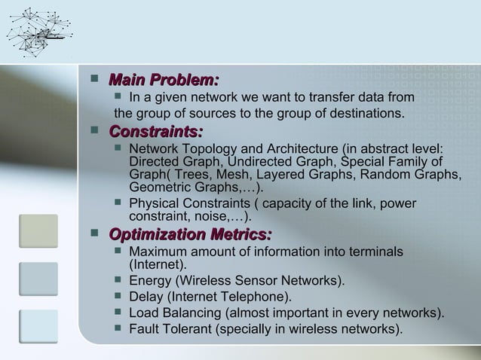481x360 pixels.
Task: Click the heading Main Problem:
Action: click(x=164, y=80)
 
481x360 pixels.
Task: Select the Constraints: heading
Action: click(x=156, y=132)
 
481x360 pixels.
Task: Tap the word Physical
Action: click(x=153, y=205)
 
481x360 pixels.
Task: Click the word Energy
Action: click(x=149, y=282)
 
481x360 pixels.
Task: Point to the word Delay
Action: click(x=146, y=297)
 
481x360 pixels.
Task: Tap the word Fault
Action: click(x=145, y=328)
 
